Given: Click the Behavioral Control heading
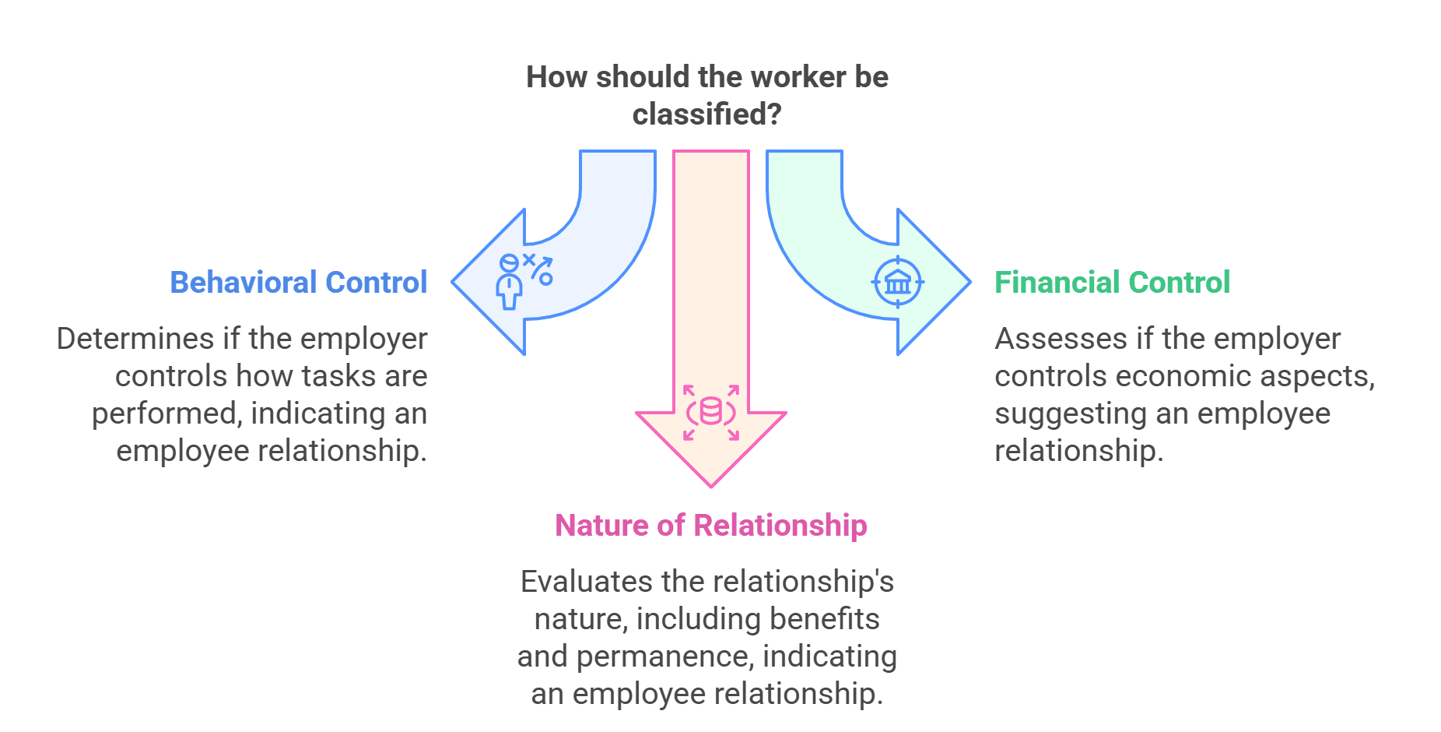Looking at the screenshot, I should (299, 282).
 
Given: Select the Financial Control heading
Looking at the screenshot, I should (1112, 282).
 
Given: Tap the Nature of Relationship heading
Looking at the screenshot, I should (711, 525).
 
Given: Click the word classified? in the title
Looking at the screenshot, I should (706, 114).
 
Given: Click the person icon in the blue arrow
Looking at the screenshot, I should (510, 282).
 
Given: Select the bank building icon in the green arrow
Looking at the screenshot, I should (898, 282).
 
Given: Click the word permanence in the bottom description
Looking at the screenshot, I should (664, 656).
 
